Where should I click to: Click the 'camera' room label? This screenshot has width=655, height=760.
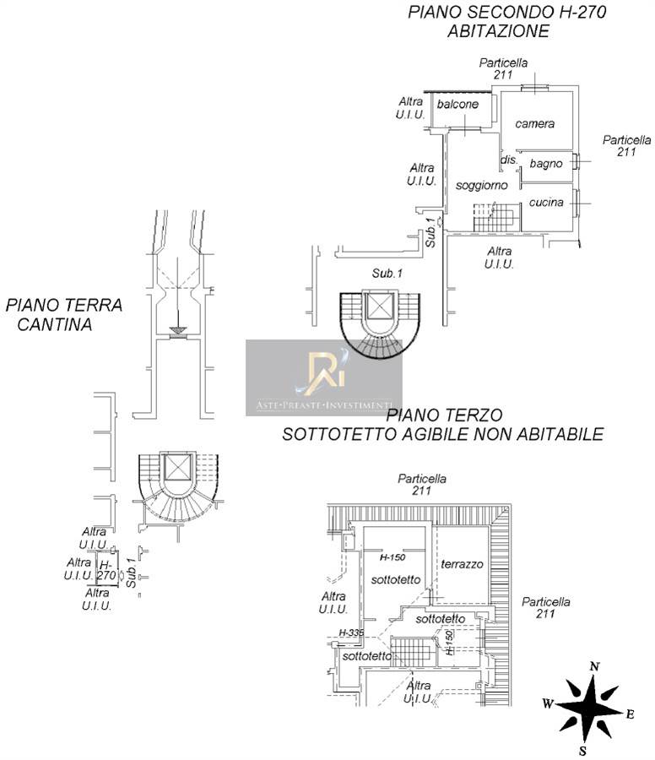[534, 124]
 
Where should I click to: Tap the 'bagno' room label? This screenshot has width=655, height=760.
[546, 164]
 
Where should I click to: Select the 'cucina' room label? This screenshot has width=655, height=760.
[546, 202]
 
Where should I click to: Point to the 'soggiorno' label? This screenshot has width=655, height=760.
[482, 186]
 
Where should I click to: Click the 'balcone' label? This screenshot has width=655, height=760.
[457, 104]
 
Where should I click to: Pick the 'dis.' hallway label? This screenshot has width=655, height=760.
[509, 160]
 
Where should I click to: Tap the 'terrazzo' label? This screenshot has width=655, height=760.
[462, 564]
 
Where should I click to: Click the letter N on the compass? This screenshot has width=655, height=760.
[595, 666]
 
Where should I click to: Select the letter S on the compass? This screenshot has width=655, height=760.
[582, 751]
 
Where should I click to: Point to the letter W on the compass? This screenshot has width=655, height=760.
[548, 703]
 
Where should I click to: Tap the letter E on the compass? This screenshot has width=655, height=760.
[630, 714]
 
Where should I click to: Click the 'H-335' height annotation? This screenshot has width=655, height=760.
[351, 632]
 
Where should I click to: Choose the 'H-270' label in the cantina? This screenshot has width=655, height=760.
[106, 570]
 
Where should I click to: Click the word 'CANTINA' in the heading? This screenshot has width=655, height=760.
[55, 325]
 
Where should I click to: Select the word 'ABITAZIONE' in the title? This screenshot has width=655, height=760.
[498, 31]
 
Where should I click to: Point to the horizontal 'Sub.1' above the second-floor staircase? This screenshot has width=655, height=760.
[387, 274]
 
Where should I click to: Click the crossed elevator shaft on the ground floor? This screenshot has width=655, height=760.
[178, 468]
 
